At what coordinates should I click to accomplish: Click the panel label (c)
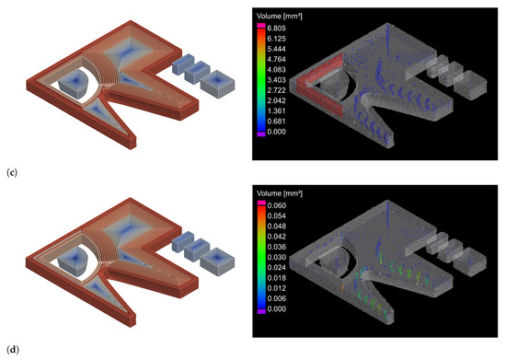tap(12, 173)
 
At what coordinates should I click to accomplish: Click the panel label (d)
tap(12, 350)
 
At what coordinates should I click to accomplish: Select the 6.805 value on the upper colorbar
tap(276, 29)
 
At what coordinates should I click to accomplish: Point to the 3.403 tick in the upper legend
tap(276, 80)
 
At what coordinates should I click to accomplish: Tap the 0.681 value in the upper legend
tap(276, 122)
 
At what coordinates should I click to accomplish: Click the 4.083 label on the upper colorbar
tap(276, 69)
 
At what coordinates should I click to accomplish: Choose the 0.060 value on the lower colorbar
tap(277, 205)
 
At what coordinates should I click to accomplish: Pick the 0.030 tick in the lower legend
tap(277, 257)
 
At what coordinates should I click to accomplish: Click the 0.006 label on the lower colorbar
tap(277, 298)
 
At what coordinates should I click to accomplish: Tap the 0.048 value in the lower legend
tap(277, 226)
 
